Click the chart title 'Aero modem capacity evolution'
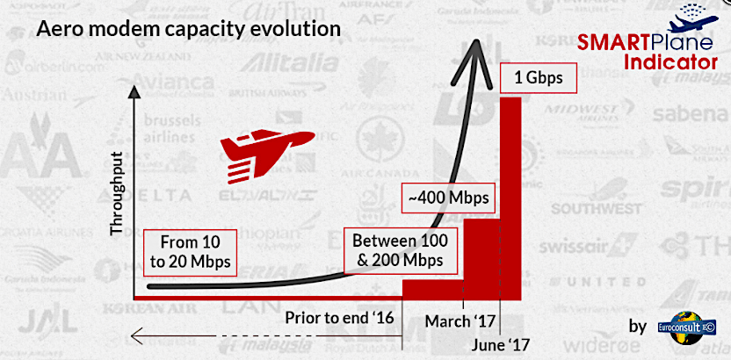pos(186,28)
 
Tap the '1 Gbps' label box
pos(532,80)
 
